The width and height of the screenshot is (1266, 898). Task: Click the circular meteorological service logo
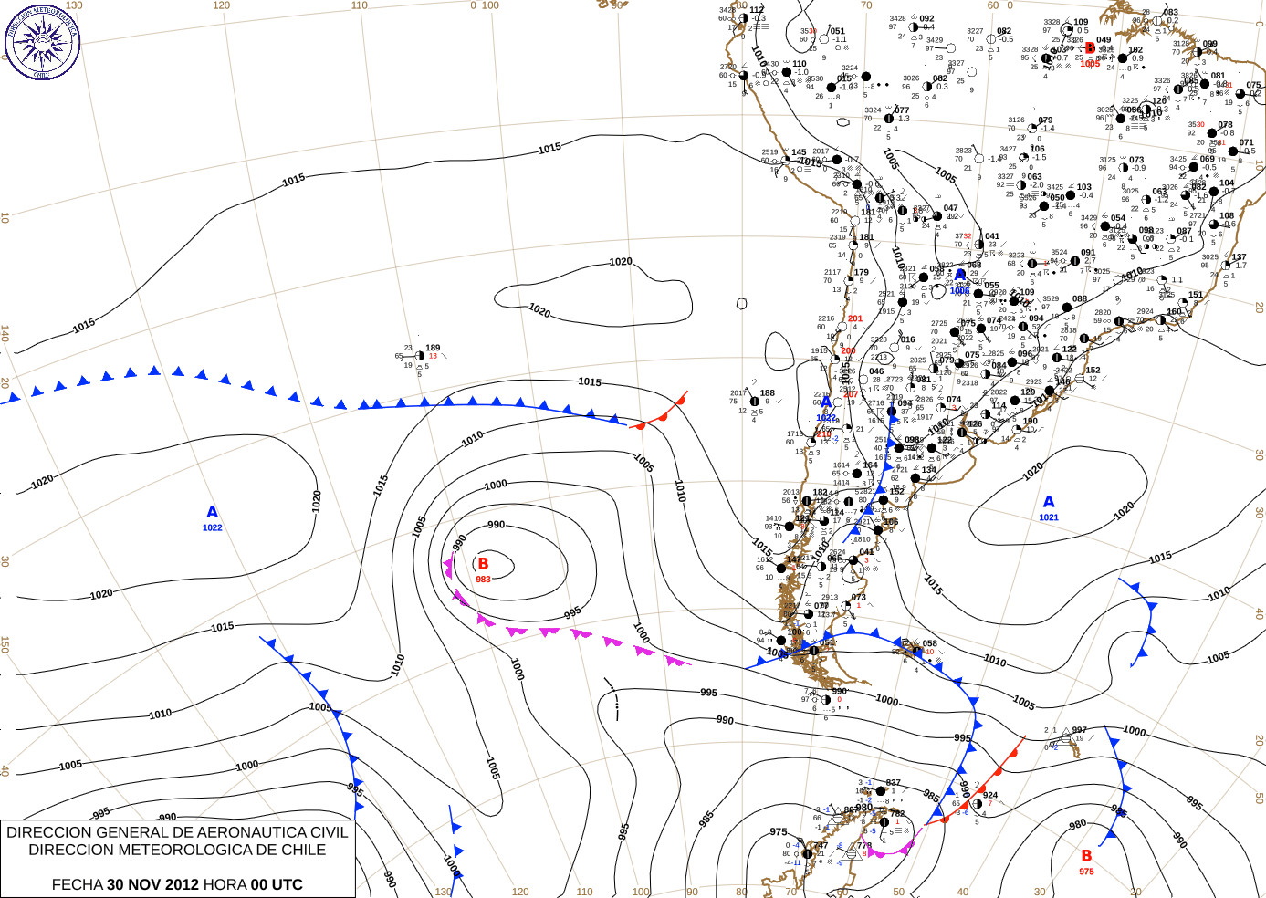[x=42, y=42]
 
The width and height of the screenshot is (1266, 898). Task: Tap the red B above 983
[x=483, y=564]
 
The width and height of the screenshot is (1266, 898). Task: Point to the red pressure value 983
[x=483, y=580]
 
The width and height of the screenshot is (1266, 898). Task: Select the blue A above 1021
[x=1049, y=502]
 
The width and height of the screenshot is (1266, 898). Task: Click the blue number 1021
[x=1049, y=517]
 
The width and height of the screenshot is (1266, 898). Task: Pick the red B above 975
[x=1086, y=856]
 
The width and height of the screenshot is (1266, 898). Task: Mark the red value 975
[x=1086, y=872]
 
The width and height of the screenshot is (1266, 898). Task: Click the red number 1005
[x=1090, y=64]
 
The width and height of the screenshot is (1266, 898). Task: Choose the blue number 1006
[x=959, y=291]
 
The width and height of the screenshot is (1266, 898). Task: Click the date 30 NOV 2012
[x=152, y=884]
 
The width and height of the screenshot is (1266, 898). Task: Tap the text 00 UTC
[x=277, y=884]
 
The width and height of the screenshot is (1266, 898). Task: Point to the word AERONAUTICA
[x=220, y=832]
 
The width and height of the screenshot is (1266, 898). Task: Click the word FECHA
[x=77, y=884]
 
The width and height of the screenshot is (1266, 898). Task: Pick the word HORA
[x=225, y=884]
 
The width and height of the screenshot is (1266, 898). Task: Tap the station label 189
[x=433, y=348]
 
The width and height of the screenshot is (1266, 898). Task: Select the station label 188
[x=767, y=393]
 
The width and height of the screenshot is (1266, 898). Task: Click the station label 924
[x=990, y=795]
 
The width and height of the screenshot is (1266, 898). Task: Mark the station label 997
[x=1080, y=730]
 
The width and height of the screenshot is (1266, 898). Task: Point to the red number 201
[x=854, y=318]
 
